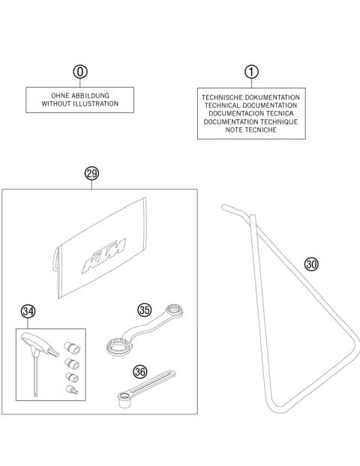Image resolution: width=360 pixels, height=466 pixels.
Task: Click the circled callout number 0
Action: [x=80, y=71]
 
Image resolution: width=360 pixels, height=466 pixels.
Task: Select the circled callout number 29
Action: [x=91, y=173]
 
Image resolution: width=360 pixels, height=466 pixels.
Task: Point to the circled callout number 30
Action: [x=311, y=263]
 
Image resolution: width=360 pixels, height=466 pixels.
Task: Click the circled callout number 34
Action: [x=28, y=310]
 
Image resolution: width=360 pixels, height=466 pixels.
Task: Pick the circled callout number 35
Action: [x=145, y=309]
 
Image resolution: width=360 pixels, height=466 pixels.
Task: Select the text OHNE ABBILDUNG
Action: [x=81, y=95]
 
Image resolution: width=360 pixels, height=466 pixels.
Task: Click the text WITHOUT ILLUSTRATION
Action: [x=81, y=104]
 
